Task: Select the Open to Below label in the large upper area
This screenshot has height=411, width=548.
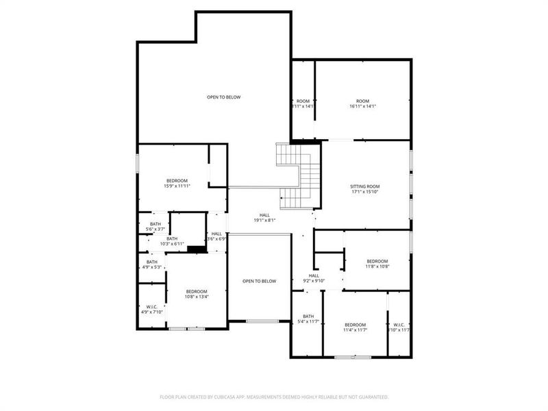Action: pos(224,97)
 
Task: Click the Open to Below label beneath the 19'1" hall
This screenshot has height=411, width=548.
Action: pos(259,282)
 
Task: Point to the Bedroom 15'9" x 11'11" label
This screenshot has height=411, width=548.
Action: pos(176,183)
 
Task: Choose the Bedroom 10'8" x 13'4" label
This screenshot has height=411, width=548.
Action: pos(197,294)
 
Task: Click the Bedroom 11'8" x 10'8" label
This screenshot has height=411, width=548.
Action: pos(377,264)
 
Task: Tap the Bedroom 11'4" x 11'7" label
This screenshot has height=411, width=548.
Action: pos(355,327)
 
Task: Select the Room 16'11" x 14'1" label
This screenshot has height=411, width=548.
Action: pos(362,103)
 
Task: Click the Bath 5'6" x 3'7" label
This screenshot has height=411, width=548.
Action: pos(155,226)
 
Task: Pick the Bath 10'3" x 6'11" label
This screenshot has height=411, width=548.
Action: pos(172,241)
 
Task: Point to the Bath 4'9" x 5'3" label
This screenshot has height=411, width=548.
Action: pos(151,264)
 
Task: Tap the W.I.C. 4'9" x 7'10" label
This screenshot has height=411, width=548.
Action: pos(151,310)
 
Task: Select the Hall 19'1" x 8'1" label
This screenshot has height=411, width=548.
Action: pos(264,217)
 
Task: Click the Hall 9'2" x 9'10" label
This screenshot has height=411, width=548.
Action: pos(314,277)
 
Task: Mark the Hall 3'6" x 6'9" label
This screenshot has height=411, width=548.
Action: pos(216,236)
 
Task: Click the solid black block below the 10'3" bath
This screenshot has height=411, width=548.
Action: pos(197,249)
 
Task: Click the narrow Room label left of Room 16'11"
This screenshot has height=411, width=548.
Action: pos(303,103)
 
